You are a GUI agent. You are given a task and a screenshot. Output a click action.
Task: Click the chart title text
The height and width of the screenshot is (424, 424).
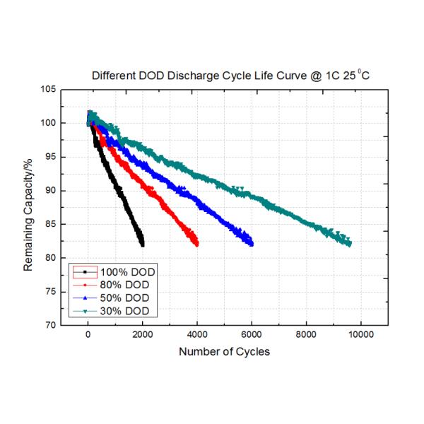point(230,75)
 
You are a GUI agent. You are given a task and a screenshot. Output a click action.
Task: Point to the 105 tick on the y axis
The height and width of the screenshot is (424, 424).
point(48,90)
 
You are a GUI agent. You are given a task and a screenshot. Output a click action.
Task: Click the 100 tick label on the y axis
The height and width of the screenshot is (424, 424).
point(48,123)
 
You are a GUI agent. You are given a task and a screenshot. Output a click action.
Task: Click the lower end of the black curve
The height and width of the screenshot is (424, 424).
point(143,245)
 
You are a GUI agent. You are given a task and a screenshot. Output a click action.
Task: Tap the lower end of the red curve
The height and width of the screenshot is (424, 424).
point(196,244)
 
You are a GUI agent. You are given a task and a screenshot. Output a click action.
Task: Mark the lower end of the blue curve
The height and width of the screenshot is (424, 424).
point(251,244)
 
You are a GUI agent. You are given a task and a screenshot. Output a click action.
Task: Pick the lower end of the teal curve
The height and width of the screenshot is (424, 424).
point(349,244)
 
